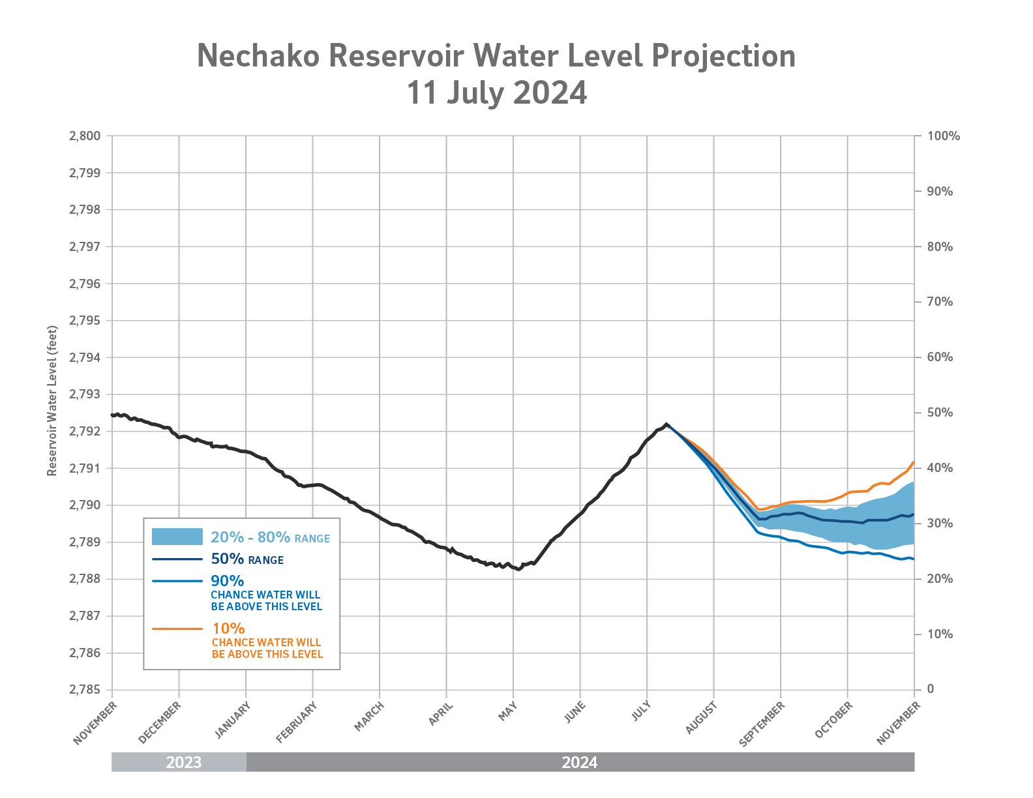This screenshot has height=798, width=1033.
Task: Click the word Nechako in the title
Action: click(x=258, y=56)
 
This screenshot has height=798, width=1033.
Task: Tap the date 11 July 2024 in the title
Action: click(x=496, y=93)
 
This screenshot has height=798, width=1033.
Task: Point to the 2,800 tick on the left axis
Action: click(x=85, y=136)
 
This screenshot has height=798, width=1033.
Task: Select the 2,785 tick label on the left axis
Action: click(x=85, y=690)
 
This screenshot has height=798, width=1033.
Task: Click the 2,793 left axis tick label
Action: click(x=85, y=394)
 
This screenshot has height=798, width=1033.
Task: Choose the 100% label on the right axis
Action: click(x=944, y=136)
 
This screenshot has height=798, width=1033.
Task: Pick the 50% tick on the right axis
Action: click(x=940, y=413)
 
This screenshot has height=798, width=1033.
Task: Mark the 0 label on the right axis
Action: click(x=931, y=689)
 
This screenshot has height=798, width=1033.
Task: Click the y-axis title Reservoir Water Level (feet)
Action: click(x=52, y=401)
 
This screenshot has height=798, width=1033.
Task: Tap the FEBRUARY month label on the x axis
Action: click(x=296, y=722)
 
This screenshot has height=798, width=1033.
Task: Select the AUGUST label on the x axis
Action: click(x=702, y=718)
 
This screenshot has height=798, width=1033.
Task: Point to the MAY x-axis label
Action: click(x=508, y=711)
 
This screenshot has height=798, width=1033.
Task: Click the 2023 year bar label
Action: click(x=183, y=762)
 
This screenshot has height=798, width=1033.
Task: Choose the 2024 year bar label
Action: click(x=579, y=762)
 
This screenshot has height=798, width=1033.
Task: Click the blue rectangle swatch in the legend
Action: click(x=177, y=537)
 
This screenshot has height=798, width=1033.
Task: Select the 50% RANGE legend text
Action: click(x=247, y=559)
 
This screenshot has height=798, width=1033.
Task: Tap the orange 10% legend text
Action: click(x=228, y=628)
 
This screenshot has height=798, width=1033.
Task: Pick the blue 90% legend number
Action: click(x=227, y=581)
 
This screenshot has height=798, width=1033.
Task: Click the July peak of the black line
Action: click(x=666, y=424)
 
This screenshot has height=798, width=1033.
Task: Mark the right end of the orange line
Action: click(x=914, y=462)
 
